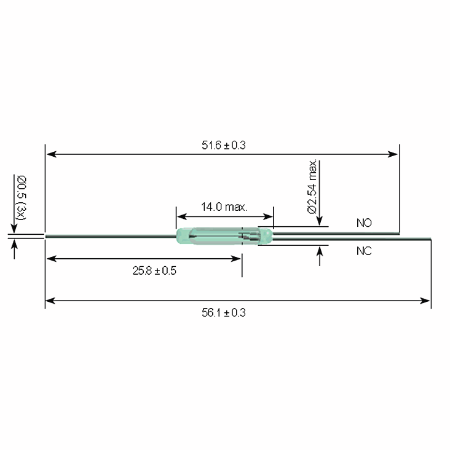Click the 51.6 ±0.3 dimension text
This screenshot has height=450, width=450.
(224, 145)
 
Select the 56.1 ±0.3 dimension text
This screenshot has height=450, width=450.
(224, 312)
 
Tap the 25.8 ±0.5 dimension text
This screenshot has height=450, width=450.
(154, 270)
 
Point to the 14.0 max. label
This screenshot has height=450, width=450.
(224, 207)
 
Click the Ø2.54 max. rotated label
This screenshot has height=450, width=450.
(312, 186)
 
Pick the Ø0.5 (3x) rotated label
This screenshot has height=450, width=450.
(21, 198)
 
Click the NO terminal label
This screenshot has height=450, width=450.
(364, 223)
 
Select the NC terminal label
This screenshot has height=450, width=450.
(364, 251)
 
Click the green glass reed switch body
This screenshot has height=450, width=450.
(224, 236)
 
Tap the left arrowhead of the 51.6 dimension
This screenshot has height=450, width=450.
(51, 154)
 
